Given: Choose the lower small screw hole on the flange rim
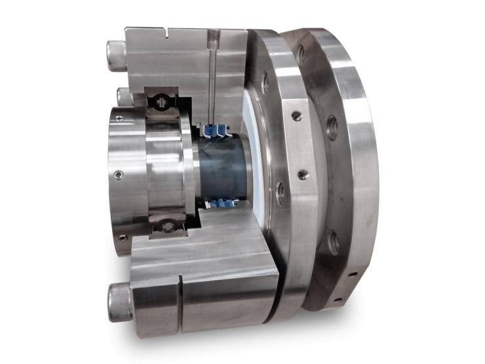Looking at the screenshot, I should pos(301,175).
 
